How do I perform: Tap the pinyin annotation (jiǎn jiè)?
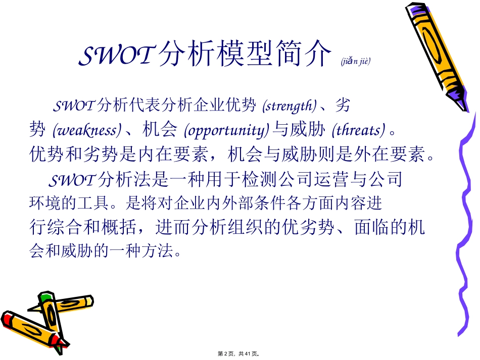tap(355, 62)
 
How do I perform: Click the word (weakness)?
tap(87, 130)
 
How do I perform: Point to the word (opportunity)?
tap(225, 130)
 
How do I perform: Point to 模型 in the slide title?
tap(237, 55)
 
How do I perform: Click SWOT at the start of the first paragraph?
tap(74, 106)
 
